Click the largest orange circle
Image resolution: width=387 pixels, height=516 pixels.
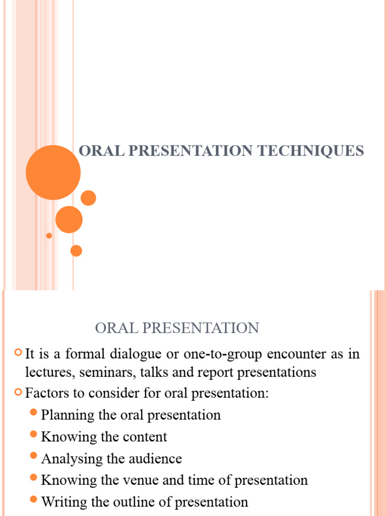pyautogui.click(x=53, y=172)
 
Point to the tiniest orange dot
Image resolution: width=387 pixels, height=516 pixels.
pyautogui.click(x=49, y=235)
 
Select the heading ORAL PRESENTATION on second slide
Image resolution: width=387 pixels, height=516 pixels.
pyautogui.click(x=177, y=329)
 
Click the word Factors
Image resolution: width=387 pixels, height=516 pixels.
pyautogui.click(x=44, y=393)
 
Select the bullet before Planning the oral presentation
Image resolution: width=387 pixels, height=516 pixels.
pyautogui.click(x=34, y=413)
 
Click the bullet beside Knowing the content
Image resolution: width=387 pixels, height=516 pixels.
pyautogui.click(x=34, y=434)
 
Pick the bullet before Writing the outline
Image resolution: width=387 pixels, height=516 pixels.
pyautogui.click(x=34, y=500)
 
